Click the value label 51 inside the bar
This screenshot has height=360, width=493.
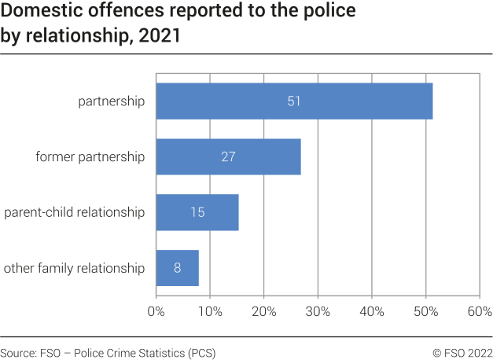[x=294, y=101]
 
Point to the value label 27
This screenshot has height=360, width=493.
[x=228, y=156]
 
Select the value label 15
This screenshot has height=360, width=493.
[x=197, y=212]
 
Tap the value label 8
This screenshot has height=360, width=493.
[x=177, y=268]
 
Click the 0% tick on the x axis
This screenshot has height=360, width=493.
[x=156, y=311]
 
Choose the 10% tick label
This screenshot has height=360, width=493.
[x=210, y=311]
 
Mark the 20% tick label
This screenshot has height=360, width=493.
[x=264, y=311]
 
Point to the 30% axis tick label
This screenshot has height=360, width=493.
[x=318, y=311]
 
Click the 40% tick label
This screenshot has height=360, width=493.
[x=372, y=311]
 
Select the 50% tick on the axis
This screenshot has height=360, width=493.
[x=425, y=311]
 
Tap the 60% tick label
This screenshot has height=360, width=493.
[x=479, y=311]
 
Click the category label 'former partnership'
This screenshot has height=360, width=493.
[x=90, y=156]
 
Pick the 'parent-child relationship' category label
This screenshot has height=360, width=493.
[x=75, y=212]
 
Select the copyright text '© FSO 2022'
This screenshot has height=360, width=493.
[x=462, y=352]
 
